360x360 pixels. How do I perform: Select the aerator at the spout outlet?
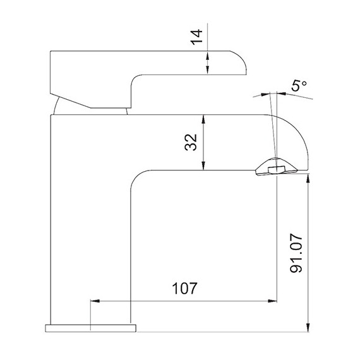(274, 169)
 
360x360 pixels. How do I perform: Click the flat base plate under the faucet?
(90, 328)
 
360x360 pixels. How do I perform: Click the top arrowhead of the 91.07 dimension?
(308, 179)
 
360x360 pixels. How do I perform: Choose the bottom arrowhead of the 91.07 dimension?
(308, 327)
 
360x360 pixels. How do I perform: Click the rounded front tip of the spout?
(303, 142)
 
